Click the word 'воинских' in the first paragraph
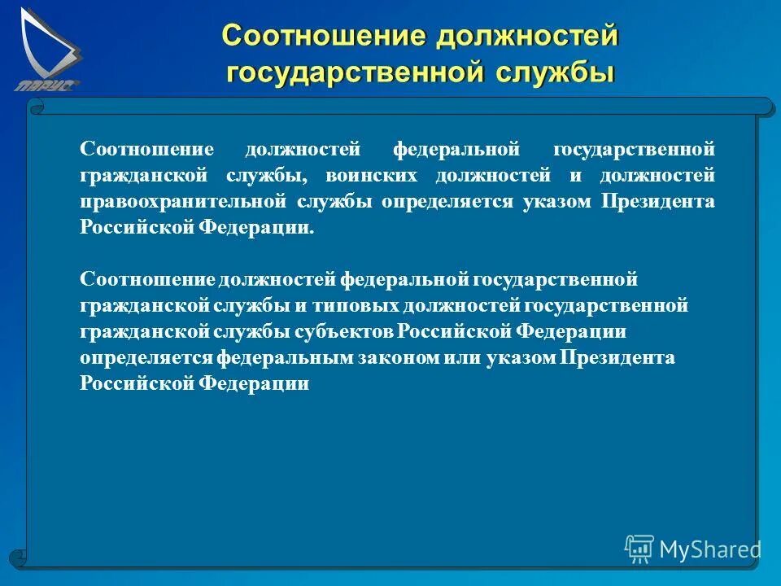(370, 176)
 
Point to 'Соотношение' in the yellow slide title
(324, 35)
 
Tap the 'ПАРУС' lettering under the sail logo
(46, 85)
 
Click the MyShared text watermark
(710, 549)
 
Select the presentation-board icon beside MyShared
(639, 549)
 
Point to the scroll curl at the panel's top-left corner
(35, 106)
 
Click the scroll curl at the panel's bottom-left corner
(18, 559)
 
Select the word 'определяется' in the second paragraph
(146, 357)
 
